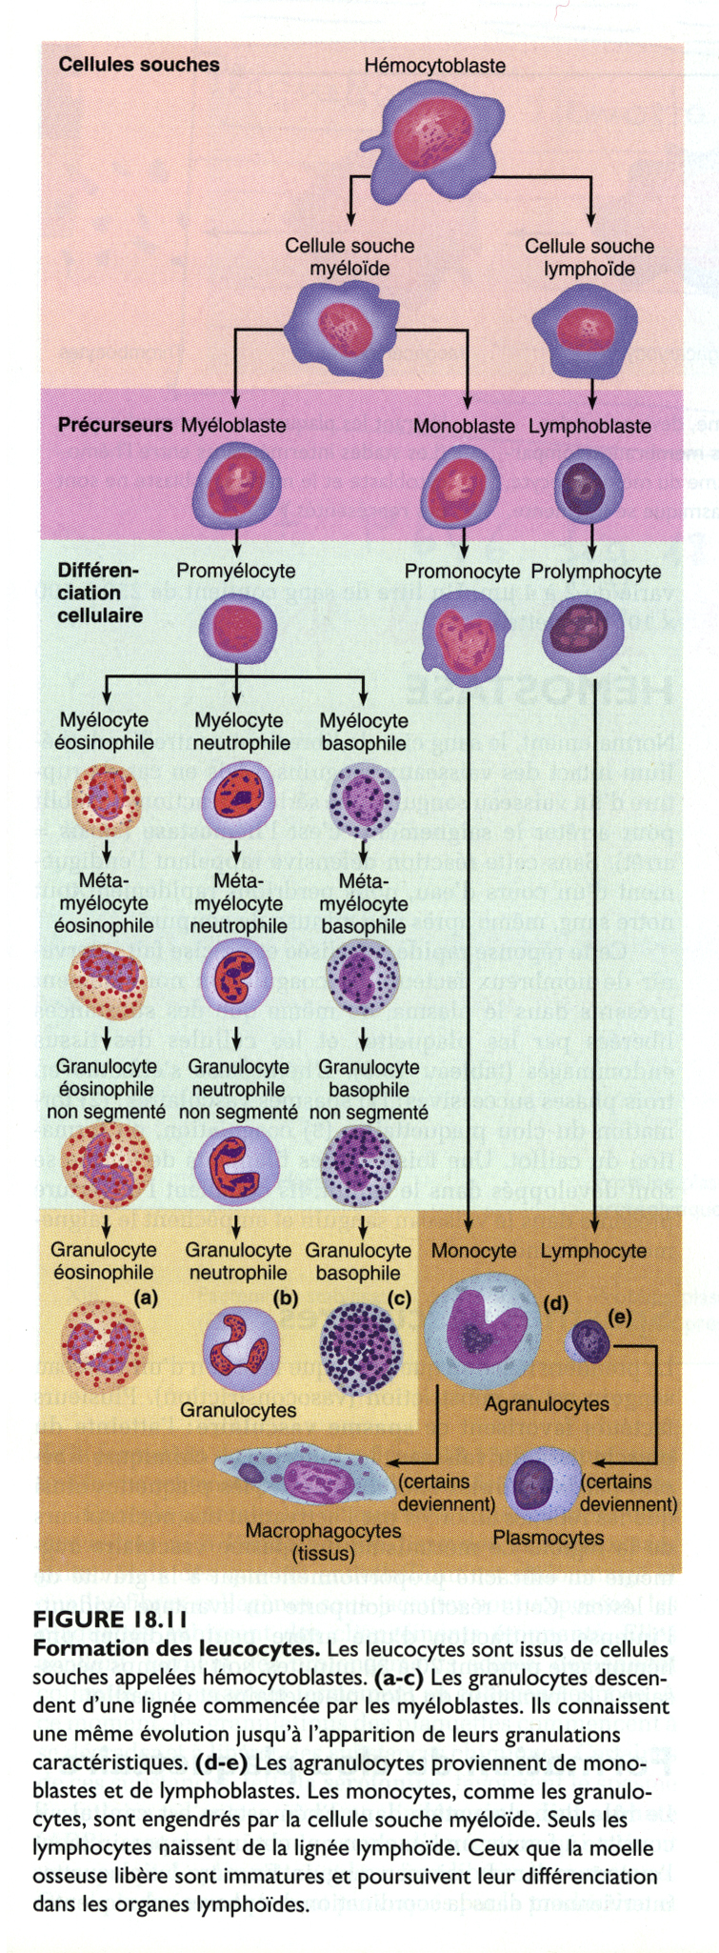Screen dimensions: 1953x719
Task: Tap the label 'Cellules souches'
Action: point(139,65)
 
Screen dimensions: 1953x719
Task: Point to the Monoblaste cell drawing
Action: point(462,480)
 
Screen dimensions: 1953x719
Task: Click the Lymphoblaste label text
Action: point(590,426)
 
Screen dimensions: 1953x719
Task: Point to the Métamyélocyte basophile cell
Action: point(363,976)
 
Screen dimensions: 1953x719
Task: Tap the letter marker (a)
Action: point(146,1297)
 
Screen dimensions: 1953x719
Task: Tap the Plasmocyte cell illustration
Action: point(540,1482)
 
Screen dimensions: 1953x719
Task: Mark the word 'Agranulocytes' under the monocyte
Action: point(547,1404)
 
